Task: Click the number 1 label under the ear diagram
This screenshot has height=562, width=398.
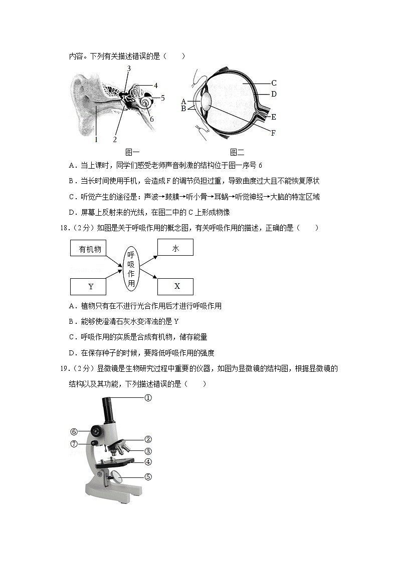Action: (x=96, y=140)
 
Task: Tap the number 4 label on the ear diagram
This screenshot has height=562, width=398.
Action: (x=156, y=86)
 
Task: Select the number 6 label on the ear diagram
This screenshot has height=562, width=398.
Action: (x=151, y=119)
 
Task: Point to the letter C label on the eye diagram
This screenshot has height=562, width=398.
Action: (x=274, y=83)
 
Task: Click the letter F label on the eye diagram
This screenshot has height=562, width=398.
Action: (x=273, y=133)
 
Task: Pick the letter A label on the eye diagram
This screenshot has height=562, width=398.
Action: (x=184, y=101)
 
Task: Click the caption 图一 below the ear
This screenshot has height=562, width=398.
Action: (x=132, y=152)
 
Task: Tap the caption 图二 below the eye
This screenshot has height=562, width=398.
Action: (x=237, y=152)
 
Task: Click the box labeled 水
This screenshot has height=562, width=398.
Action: (x=175, y=248)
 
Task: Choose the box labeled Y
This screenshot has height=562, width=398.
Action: (x=90, y=287)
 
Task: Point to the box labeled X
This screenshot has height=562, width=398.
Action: (x=175, y=286)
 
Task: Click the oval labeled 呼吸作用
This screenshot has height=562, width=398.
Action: (x=131, y=268)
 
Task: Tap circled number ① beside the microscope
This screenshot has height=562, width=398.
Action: (x=148, y=398)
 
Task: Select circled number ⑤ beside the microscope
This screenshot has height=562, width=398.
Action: (x=148, y=477)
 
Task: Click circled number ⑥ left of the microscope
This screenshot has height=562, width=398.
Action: (x=74, y=432)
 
